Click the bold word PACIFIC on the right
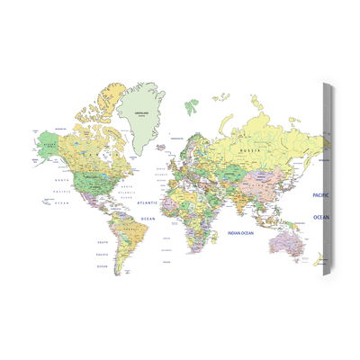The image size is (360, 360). click(321, 194)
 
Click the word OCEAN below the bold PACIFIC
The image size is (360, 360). click(321, 218)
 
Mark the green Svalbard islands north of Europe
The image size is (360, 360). click(191, 105)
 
